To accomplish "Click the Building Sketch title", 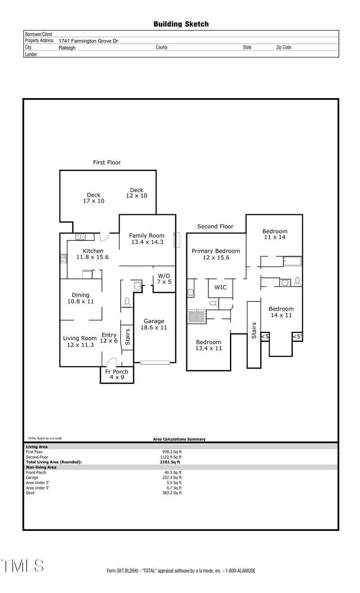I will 181,24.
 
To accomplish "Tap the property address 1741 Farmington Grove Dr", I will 88,41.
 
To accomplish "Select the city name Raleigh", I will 67,47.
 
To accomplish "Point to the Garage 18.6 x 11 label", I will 154,324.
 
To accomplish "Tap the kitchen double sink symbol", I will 81,237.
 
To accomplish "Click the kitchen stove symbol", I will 64,258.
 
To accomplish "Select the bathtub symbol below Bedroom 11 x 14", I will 292,261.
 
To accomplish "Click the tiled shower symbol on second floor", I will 196,316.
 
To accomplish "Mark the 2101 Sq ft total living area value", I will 170,462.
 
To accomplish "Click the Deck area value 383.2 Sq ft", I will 172,493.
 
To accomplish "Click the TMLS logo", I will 22,566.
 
